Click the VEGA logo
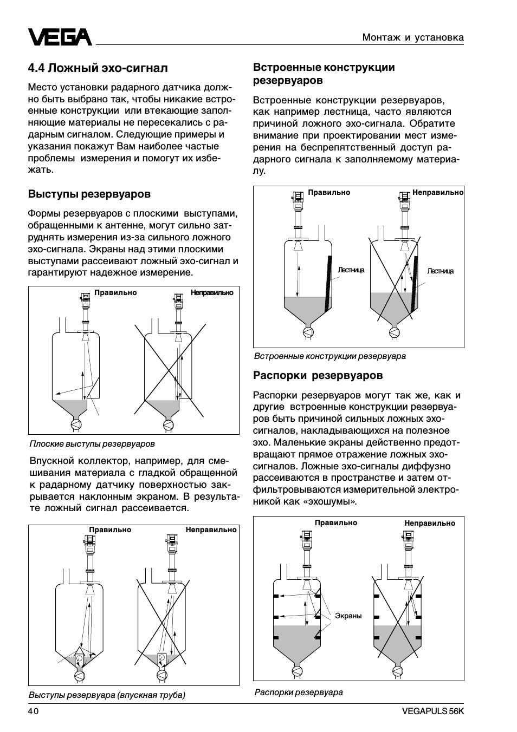pos(60,37)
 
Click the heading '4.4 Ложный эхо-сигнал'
pos(98,68)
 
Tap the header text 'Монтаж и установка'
pos(413,37)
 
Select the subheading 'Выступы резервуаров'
pos(89,194)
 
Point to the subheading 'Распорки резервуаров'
pos(318,375)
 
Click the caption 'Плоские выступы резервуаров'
pos(92,444)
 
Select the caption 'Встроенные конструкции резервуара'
pos(330,356)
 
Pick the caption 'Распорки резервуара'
pos(299,692)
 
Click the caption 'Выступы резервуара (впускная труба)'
pos(107,695)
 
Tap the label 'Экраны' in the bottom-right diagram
pos(348,616)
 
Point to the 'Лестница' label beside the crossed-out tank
pos(440,271)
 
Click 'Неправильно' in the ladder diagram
pos(438,192)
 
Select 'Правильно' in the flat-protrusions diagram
pos(115,292)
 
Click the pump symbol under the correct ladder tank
pos(307,332)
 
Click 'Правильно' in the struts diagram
pos(336,522)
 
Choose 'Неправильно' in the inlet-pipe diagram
pos(211,530)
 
